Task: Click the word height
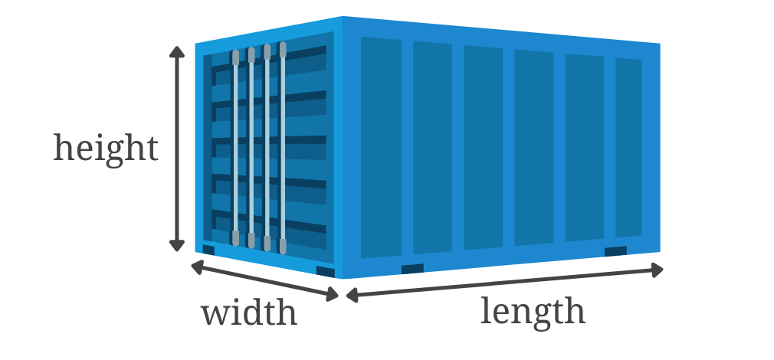pos(106,149)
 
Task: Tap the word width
pos(249,313)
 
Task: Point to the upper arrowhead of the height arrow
pos(177,52)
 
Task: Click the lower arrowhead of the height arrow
pos(177,245)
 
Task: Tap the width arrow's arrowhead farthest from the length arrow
pos(197,267)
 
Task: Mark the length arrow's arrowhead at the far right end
pos(657,270)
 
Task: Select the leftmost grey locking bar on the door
pos(235,148)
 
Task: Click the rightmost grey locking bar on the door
pos(283,148)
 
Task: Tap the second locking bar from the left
pos(251,148)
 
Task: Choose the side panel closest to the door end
pos(381,148)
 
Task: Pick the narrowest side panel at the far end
pos(629,148)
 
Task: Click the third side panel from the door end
pos(484,148)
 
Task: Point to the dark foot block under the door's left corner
pos(208,250)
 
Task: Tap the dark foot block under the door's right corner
pos(325,272)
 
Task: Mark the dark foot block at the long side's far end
pos(615,251)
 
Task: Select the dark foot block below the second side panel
pos(412,269)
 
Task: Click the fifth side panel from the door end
pos(585,148)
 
